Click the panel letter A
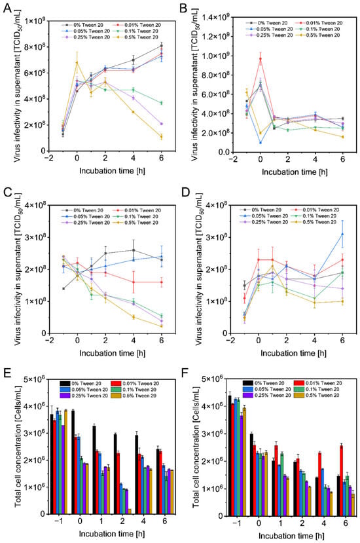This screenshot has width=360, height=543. click(7, 8)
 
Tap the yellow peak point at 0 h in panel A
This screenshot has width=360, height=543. click(77, 63)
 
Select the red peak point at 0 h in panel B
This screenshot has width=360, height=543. click(261, 59)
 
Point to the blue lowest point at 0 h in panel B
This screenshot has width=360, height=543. click(261, 142)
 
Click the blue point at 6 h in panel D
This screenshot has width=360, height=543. click(343, 234)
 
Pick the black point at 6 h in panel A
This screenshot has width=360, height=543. click(161, 46)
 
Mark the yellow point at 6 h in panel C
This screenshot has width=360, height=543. click(161, 326)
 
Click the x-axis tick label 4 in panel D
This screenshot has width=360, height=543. click(314, 341)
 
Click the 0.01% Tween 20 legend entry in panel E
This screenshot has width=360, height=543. click(135, 383)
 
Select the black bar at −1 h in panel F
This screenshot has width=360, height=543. click(230, 456)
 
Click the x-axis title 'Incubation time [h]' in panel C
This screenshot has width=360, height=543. click(113, 353)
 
